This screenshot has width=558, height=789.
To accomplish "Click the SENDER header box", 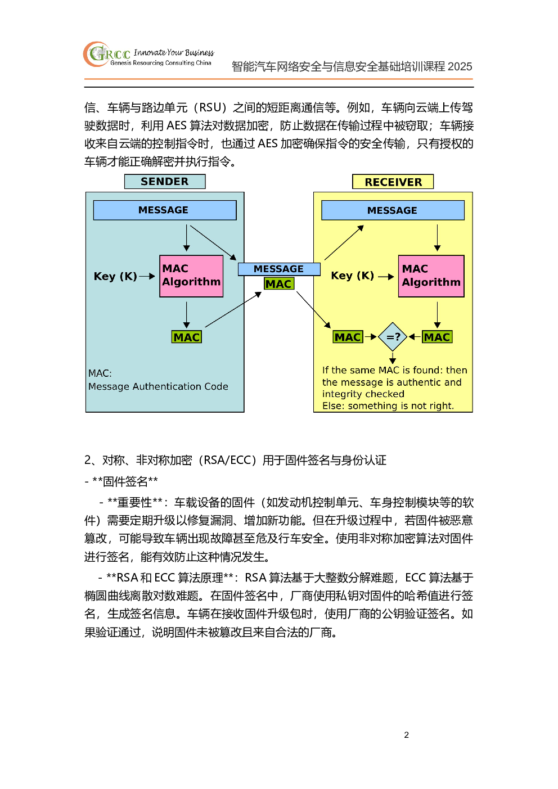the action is click(165, 182).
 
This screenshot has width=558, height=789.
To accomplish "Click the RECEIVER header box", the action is click(393, 182).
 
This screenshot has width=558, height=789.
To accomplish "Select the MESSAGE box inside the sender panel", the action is click(165, 210).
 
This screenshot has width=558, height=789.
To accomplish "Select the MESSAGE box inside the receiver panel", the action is click(393, 210).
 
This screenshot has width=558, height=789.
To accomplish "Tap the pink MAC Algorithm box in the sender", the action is click(191, 276).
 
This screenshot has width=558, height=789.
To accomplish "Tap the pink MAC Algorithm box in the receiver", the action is click(431, 276).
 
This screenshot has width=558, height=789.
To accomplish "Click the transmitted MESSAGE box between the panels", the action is click(279, 269).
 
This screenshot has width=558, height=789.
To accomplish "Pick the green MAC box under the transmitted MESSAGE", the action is click(279, 283).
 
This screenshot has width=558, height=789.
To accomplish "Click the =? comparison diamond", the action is click(393, 337).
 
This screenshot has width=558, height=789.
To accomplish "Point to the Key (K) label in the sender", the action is click(115, 276).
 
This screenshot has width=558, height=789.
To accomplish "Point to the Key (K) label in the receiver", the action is click(352, 276).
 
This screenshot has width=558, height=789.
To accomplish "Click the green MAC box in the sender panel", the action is click(187, 337).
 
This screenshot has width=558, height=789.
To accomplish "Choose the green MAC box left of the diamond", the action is click(348, 337).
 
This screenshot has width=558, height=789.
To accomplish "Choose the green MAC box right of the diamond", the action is click(437, 337).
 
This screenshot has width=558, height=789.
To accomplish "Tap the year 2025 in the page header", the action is click(460, 66).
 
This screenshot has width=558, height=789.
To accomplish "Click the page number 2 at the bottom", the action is click(407, 735).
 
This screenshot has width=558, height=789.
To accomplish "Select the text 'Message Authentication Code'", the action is click(158, 387).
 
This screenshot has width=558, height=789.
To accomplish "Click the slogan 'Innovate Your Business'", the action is click(174, 52).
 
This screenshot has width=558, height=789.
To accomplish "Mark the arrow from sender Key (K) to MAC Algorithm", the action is click(147, 276).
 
